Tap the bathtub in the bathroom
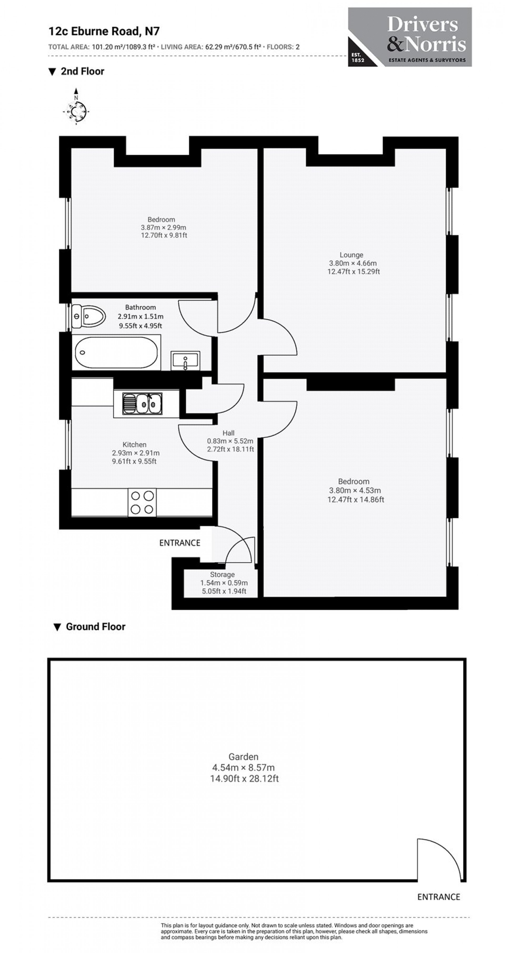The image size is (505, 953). [x=116, y=352]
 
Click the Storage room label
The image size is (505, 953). [x=222, y=574]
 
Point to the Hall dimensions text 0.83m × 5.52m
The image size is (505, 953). [x=230, y=441]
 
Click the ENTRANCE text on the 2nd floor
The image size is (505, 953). [x=180, y=543]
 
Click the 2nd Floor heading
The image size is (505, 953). [x=82, y=71]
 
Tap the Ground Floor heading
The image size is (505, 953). [x=95, y=626]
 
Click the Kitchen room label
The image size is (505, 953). [x=134, y=444]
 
